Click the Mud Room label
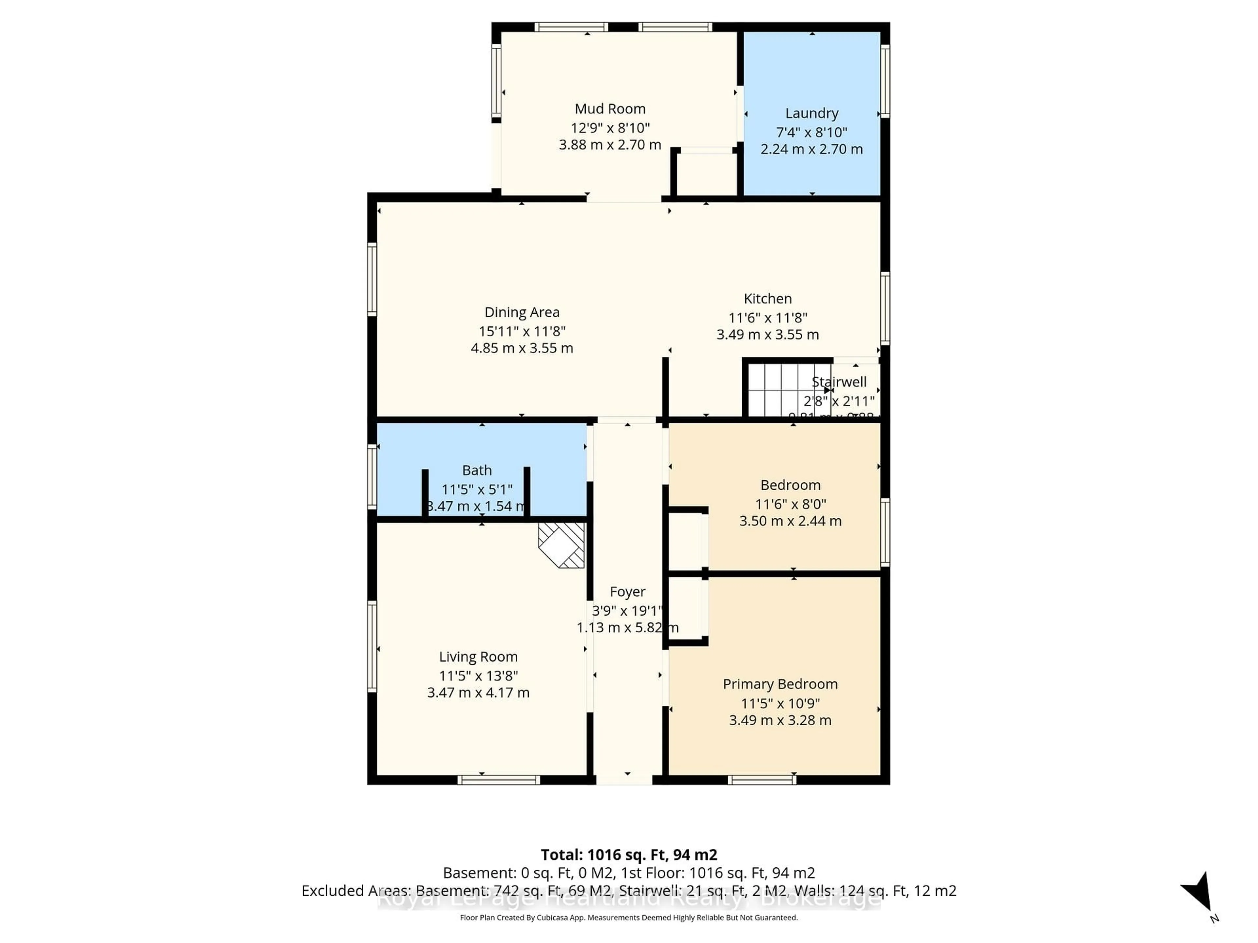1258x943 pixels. pyautogui.click(x=610, y=109)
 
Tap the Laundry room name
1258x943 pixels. pyautogui.click(x=811, y=113)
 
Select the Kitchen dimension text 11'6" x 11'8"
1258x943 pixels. pyautogui.click(x=767, y=318)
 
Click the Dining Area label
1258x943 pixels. pyautogui.click(x=522, y=312)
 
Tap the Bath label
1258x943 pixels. pyautogui.click(x=477, y=470)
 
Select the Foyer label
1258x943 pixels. pyautogui.click(x=627, y=592)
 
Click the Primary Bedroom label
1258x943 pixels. pyautogui.click(x=780, y=684)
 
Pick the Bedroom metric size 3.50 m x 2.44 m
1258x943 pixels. pyautogui.click(x=790, y=521)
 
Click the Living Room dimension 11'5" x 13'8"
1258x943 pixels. pyautogui.click(x=478, y=676)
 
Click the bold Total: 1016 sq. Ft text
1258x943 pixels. pyautogui.click(x=628, y=854)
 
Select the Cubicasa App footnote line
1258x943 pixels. pyautogui.click(x=628, y=917)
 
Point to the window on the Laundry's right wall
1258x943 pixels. pyautogui.click(x=885, y=81)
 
